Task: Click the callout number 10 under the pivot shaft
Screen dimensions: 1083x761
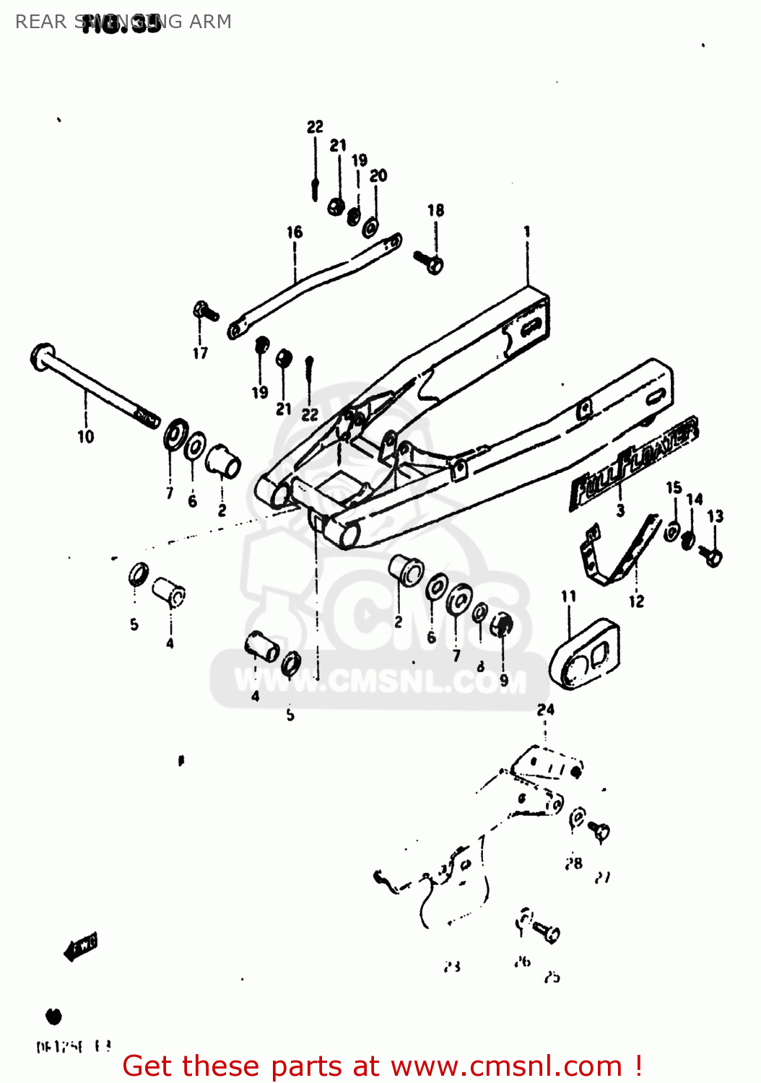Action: tap(85, 436)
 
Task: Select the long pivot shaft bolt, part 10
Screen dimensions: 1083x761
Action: tap(94, 387)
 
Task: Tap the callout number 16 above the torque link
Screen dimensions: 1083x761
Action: tap(294, 232)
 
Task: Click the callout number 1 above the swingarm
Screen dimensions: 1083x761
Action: tap(527, 231)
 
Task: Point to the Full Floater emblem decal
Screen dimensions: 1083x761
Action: tap(634, 463)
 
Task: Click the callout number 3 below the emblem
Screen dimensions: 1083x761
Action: tap(620, 511)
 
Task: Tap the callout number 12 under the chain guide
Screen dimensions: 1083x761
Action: tap(636, 601)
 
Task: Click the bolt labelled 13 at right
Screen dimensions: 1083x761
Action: tap(711, 555)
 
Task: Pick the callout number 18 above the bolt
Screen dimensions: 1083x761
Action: tap(435, 210)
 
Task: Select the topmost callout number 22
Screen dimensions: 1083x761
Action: tap(315, 127)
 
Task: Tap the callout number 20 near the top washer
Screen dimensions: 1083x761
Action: tap(378, 175)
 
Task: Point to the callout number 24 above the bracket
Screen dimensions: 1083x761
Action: tap(545, 710)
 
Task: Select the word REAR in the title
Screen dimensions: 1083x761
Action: tap(40, 22)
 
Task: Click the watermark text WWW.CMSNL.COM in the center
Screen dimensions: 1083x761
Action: tap(380, 682)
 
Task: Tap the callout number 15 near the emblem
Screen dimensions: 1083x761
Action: tap(674, 488)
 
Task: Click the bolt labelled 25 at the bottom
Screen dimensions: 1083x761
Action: tap(549, 932)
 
